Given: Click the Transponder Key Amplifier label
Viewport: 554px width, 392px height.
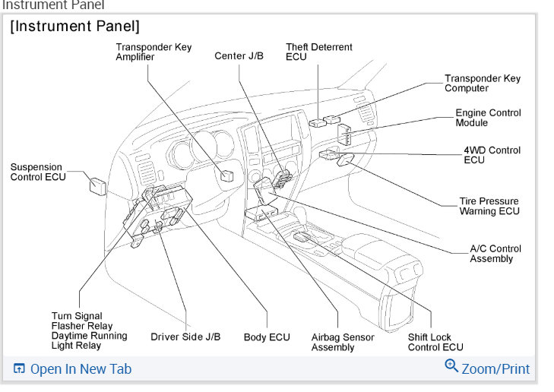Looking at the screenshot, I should click(154, 52).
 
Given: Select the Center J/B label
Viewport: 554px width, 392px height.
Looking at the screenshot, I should click(239, 56).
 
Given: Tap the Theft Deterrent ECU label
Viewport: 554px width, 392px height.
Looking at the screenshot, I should click(318, 52).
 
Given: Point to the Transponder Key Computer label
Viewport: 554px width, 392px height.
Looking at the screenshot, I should click(483, 84).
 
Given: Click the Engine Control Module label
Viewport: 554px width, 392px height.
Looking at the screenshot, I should click(488, 118).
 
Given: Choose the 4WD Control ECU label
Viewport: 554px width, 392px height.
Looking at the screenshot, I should click(492, 155).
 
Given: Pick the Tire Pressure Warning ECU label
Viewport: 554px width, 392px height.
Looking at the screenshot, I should click(489, 207).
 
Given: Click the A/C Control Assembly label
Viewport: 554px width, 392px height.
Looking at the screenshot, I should click(495, 254).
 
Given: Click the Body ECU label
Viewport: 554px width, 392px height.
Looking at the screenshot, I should click(266, 337).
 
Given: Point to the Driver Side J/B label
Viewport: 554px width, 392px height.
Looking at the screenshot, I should click(185, 337).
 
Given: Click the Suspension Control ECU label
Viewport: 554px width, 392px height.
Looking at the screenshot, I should click(38, 172).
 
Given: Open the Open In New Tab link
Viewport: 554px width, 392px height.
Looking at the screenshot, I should click(80, 369).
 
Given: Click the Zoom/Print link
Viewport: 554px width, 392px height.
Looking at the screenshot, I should click(495, 368).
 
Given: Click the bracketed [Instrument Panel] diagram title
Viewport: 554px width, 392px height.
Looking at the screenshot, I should click(74, 27).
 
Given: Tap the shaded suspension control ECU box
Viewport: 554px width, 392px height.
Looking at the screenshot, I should click(97, 184).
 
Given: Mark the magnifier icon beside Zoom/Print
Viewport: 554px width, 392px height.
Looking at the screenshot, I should click(451, 366).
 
